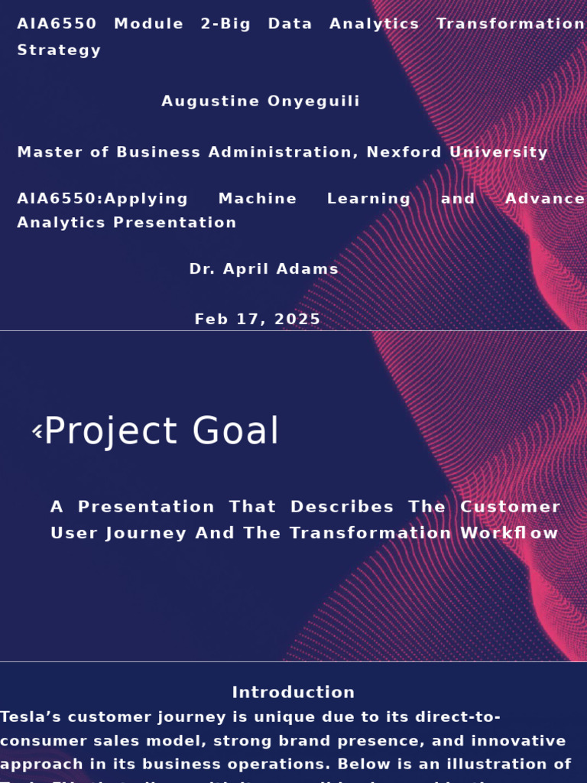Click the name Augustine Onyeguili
[261, 102]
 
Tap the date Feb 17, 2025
[258, 320]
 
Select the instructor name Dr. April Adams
[264, 269]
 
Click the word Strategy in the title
[59, 50]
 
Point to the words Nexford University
[457, 152]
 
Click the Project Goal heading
[161, 431]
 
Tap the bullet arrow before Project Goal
[37, 432]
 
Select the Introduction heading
[293, 693]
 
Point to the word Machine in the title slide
[258, 199]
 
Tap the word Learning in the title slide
[368, 199]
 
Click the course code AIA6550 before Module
[57, 24]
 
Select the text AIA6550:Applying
[102, 199]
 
